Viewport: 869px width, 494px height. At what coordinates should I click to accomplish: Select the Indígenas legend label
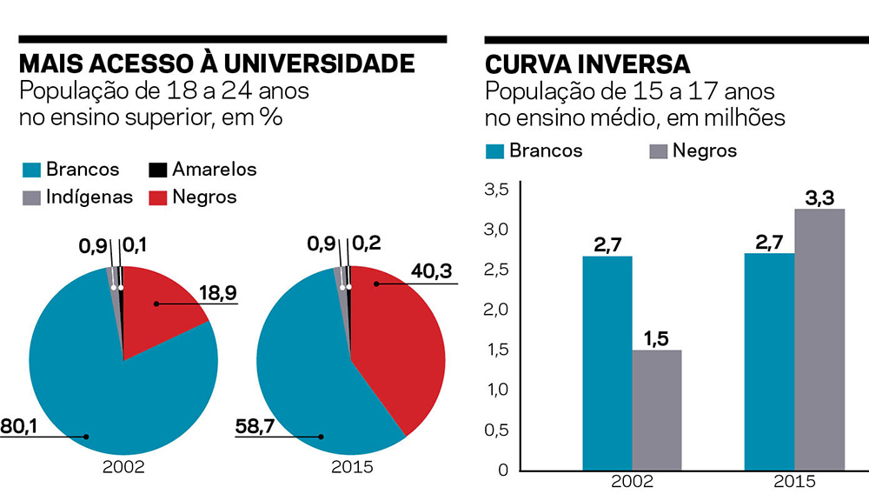point(90,197)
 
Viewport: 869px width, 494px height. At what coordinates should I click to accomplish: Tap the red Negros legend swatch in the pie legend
point(157,197)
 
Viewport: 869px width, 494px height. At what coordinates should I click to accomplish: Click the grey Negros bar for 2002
point(656,409)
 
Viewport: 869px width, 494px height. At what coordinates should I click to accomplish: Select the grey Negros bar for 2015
point(819,339)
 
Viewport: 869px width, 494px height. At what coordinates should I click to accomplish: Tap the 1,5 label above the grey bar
point(656,337)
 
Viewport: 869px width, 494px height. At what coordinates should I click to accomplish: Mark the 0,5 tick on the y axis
point(495,430)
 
